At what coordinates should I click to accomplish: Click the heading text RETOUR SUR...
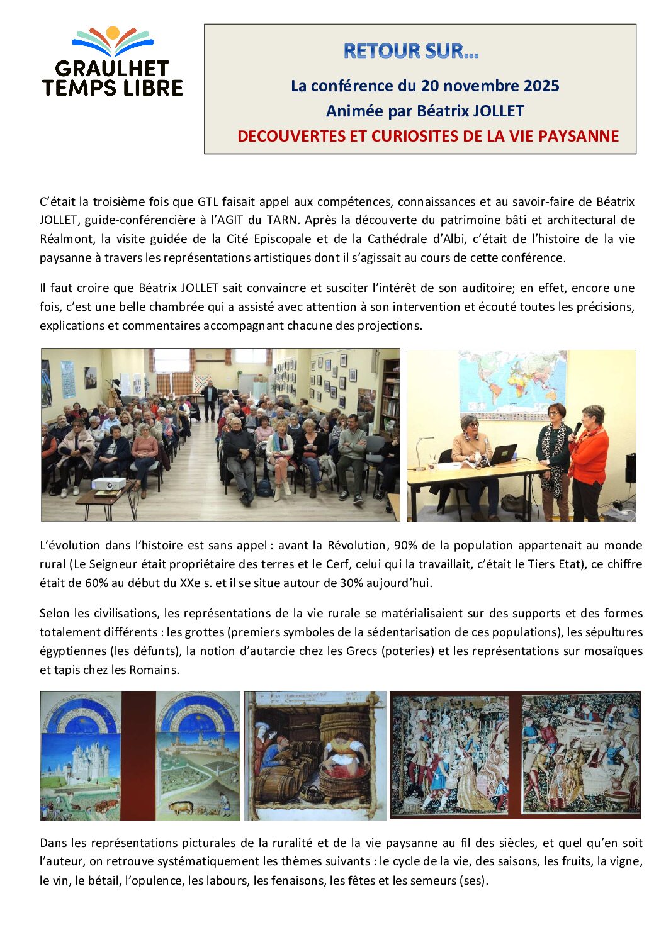click(410, 51)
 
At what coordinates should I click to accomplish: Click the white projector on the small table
click(109, 484)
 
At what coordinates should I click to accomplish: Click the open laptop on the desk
click(503, 454)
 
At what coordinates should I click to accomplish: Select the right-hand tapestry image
click(580, 754)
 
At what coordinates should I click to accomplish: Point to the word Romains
click(154, 670)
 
